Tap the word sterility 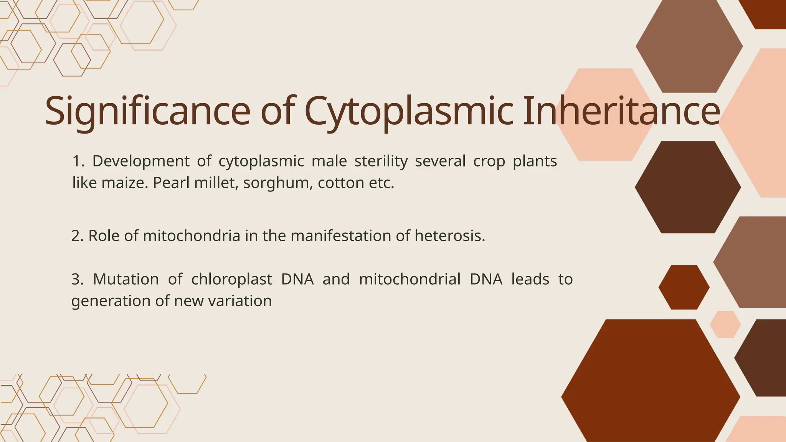click(381, 161)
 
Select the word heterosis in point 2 click(449, 236)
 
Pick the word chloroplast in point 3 click(231, 279)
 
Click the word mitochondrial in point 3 click(410, 279)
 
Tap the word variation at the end click(240, 301)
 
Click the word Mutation click(125, 279)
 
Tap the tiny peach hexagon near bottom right click(725, 325)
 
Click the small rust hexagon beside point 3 click(684, 287)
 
